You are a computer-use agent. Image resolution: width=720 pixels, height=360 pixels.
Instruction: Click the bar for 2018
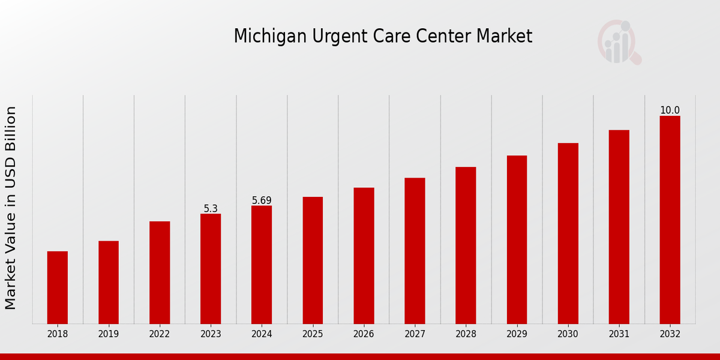point(58,287)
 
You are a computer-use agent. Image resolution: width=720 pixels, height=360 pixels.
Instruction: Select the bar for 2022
point(160,272)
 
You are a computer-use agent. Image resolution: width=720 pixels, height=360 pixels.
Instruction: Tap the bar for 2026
point(364,256)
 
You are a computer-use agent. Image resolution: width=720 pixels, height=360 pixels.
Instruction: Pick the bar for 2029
point(517,239)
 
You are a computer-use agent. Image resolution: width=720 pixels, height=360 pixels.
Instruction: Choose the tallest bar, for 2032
point(670,220)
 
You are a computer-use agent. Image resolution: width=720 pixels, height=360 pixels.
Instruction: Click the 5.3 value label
point(211,209)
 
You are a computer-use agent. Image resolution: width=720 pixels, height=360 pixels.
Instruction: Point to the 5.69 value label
point(262,200)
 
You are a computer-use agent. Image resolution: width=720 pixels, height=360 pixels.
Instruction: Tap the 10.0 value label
point(670,110)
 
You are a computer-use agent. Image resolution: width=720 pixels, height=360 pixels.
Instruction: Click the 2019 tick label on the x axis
point(109,334)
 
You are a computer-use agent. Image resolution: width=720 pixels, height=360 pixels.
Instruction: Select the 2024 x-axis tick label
point(262,334)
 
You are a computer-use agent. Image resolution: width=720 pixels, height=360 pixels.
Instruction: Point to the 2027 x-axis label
point(415,334)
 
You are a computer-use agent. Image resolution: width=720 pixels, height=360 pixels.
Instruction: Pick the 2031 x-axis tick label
point(619,334)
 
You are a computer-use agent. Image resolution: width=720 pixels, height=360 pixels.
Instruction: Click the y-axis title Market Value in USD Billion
point(11,208)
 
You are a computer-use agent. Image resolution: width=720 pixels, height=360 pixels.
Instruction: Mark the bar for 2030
point(568,233)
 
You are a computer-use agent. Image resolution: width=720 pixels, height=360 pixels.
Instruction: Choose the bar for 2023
point(211,269)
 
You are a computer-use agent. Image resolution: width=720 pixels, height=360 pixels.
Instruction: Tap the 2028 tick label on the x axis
point(466,334)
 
